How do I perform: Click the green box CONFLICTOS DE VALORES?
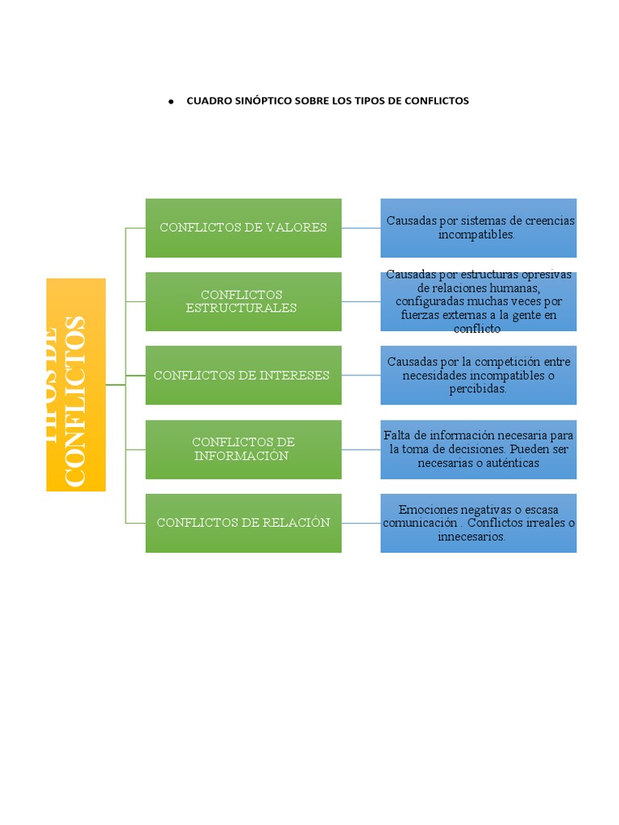point(243,228)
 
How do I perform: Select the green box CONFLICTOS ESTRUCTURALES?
point(243,301)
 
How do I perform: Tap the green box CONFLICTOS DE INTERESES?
point(243,375)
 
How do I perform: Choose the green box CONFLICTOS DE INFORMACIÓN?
point(243,449)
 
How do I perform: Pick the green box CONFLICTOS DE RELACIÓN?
point(243,523)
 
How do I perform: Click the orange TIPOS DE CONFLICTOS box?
point(76,384)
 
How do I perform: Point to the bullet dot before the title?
point(172,102)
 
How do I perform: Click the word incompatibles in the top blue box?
point(476,234)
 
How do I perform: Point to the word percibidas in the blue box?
point(478,389)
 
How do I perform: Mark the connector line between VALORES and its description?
point(361,228)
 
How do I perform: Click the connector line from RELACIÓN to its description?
point(361,523)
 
